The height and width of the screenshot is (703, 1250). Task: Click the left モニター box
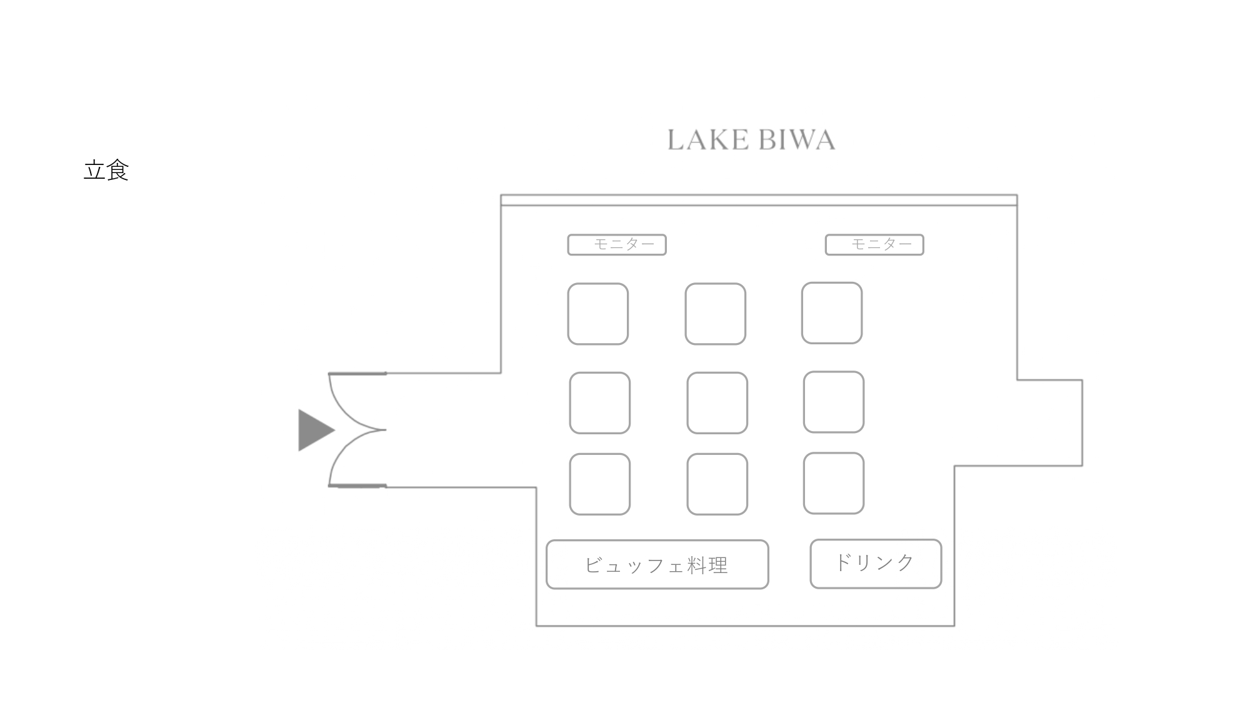(617, 244)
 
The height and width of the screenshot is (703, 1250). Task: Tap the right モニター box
(874, 244)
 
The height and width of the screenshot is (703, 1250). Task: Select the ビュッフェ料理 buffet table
(657, 564)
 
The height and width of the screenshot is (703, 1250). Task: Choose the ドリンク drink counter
(876, 564)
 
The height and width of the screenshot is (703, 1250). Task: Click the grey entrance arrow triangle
(314, 430)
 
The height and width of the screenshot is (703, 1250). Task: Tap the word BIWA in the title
(798, 140)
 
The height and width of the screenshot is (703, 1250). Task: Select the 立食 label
(106, 170)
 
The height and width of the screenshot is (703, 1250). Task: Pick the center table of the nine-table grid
(717, 403)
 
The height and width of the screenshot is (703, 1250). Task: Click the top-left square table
(598, 314)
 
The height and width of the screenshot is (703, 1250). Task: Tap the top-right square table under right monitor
(832, 313)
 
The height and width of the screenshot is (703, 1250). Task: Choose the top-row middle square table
(716, 314)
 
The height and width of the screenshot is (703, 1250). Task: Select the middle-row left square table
(599, 403)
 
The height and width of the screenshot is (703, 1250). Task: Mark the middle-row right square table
(834, 402)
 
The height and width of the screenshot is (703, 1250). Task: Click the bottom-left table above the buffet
(599, 484)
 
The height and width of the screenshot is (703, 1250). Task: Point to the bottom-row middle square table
(717, 484)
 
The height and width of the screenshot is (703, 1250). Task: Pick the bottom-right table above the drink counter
(834, 483)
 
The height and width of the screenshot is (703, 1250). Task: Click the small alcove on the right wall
(1050, 422)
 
